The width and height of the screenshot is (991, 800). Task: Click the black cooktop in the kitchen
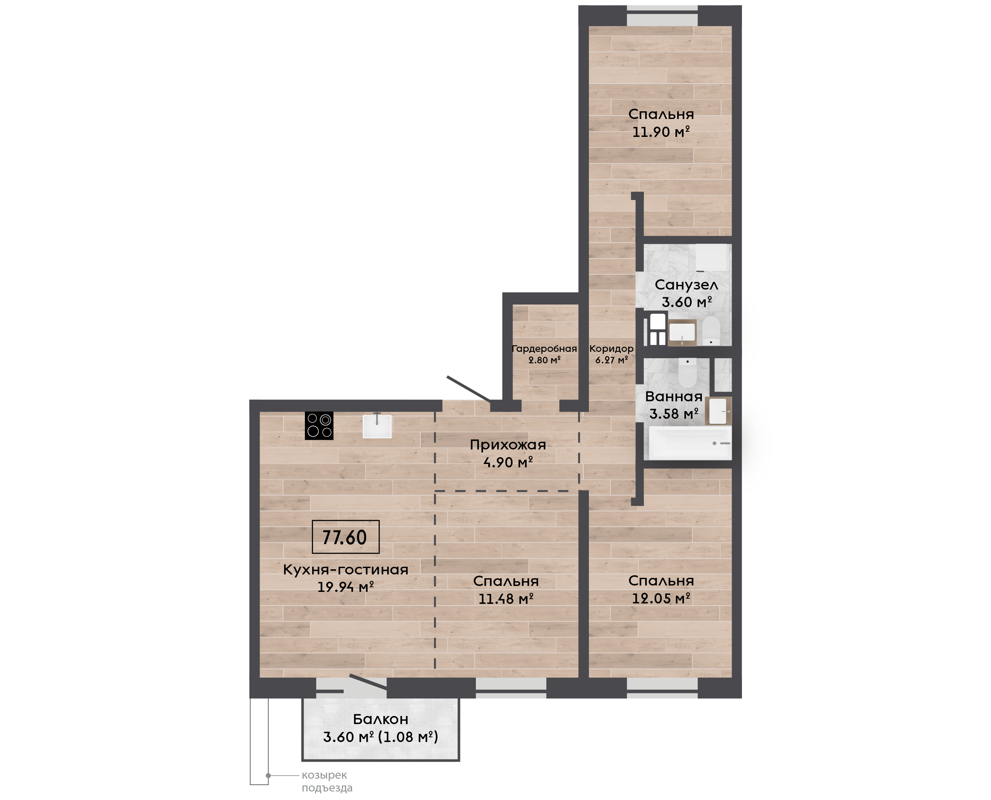click(319, 425)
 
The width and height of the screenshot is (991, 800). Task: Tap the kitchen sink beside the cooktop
click(377, 426)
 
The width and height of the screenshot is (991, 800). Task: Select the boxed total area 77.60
click(345, 537)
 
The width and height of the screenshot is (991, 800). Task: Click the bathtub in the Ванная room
click(690, 443)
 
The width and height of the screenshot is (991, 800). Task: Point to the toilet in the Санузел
click(711, 330)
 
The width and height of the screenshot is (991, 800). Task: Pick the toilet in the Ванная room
click(687, 373)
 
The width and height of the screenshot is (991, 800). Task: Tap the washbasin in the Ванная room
click(718, 411)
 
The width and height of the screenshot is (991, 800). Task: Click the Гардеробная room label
click(545, 349)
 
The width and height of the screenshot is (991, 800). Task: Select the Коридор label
click(611, 349)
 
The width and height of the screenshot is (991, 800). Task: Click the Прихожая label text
click(508, 445)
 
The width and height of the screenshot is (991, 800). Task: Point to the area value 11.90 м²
click(661, 132)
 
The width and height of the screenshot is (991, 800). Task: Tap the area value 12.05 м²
click(661, 599)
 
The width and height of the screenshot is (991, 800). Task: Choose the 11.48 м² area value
click(506, 599)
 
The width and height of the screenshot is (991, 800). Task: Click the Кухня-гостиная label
click(345, 570)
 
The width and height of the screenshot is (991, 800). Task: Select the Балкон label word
click(380, 719)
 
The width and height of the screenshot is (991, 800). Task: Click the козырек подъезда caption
click(327, 782)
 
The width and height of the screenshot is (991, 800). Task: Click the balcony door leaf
click(368, 682)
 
